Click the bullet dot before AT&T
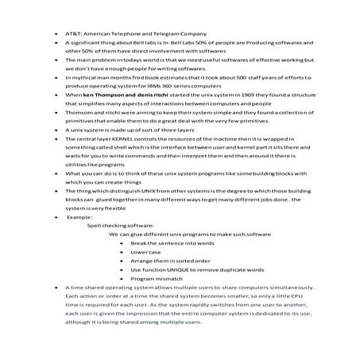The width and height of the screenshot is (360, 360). pyautogui.click(x=55, y=34)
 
